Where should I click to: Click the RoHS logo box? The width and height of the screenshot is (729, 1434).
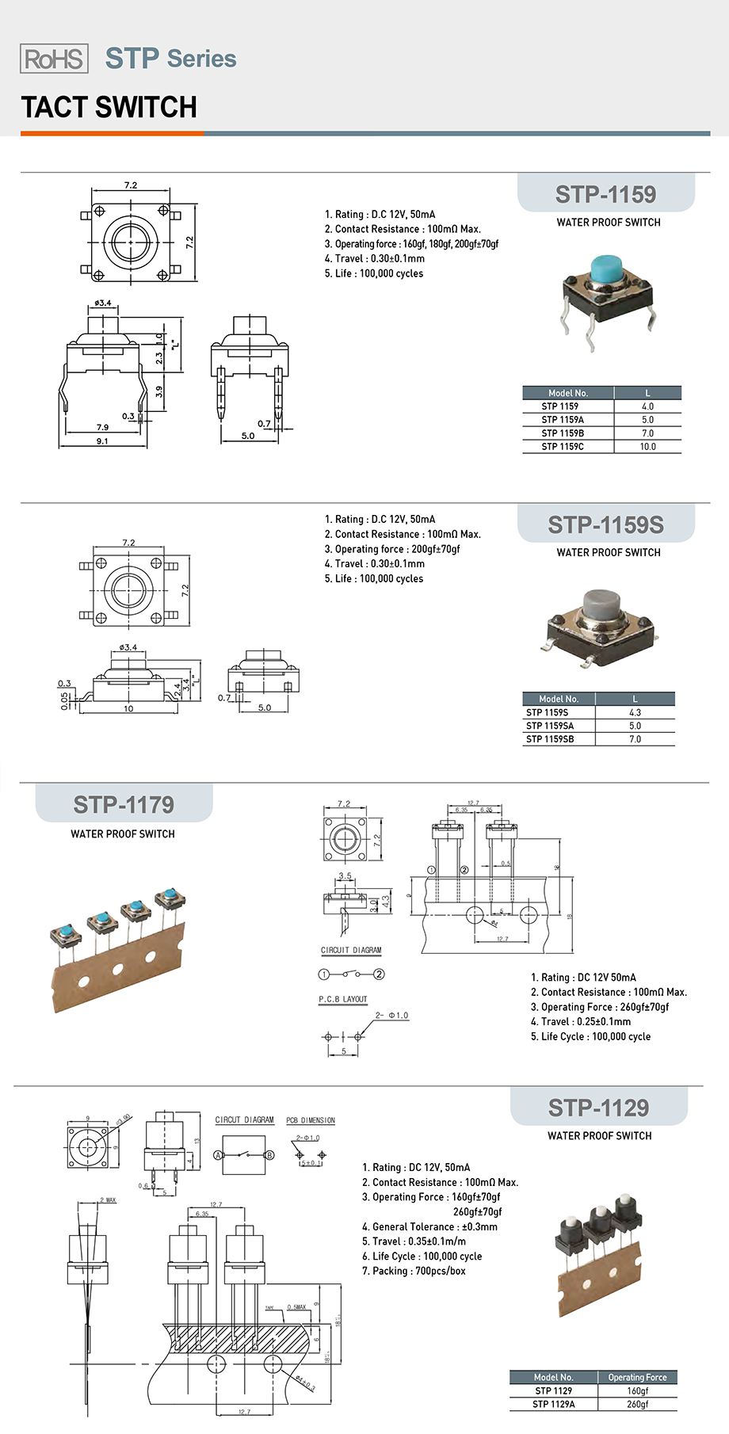click(54, 59)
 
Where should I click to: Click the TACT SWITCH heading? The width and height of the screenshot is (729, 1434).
click(109, 107)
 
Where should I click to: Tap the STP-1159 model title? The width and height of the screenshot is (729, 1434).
click(605, 194)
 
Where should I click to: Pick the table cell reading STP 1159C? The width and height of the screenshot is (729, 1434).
click(563, 447)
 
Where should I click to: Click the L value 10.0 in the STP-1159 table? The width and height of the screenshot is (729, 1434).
click(647, 447)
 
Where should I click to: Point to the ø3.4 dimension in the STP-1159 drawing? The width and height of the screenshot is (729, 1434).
click(103, 303)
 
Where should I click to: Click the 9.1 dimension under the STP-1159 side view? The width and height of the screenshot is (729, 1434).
click(102, 441)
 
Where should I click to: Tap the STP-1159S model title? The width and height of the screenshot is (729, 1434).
click(605, 524)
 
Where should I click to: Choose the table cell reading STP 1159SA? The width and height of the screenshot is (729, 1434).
click(550, 726)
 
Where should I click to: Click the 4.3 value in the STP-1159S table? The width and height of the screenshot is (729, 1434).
click(635, 712)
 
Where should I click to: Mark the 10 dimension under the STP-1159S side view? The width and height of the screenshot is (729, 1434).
click(128, 708)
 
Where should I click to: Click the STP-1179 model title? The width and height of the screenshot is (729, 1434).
click(124, 805)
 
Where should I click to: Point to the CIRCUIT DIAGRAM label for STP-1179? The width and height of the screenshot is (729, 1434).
click(351, 950)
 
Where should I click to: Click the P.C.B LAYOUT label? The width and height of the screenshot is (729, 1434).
click(343, 1000)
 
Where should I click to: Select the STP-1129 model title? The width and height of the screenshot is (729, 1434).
click(598, 1108)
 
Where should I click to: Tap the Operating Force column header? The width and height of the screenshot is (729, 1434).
click(637, 1377)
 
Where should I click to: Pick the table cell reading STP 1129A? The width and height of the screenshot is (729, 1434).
click(553, 1404)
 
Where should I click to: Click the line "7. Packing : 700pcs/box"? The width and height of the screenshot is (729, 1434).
click(414, 1271)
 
